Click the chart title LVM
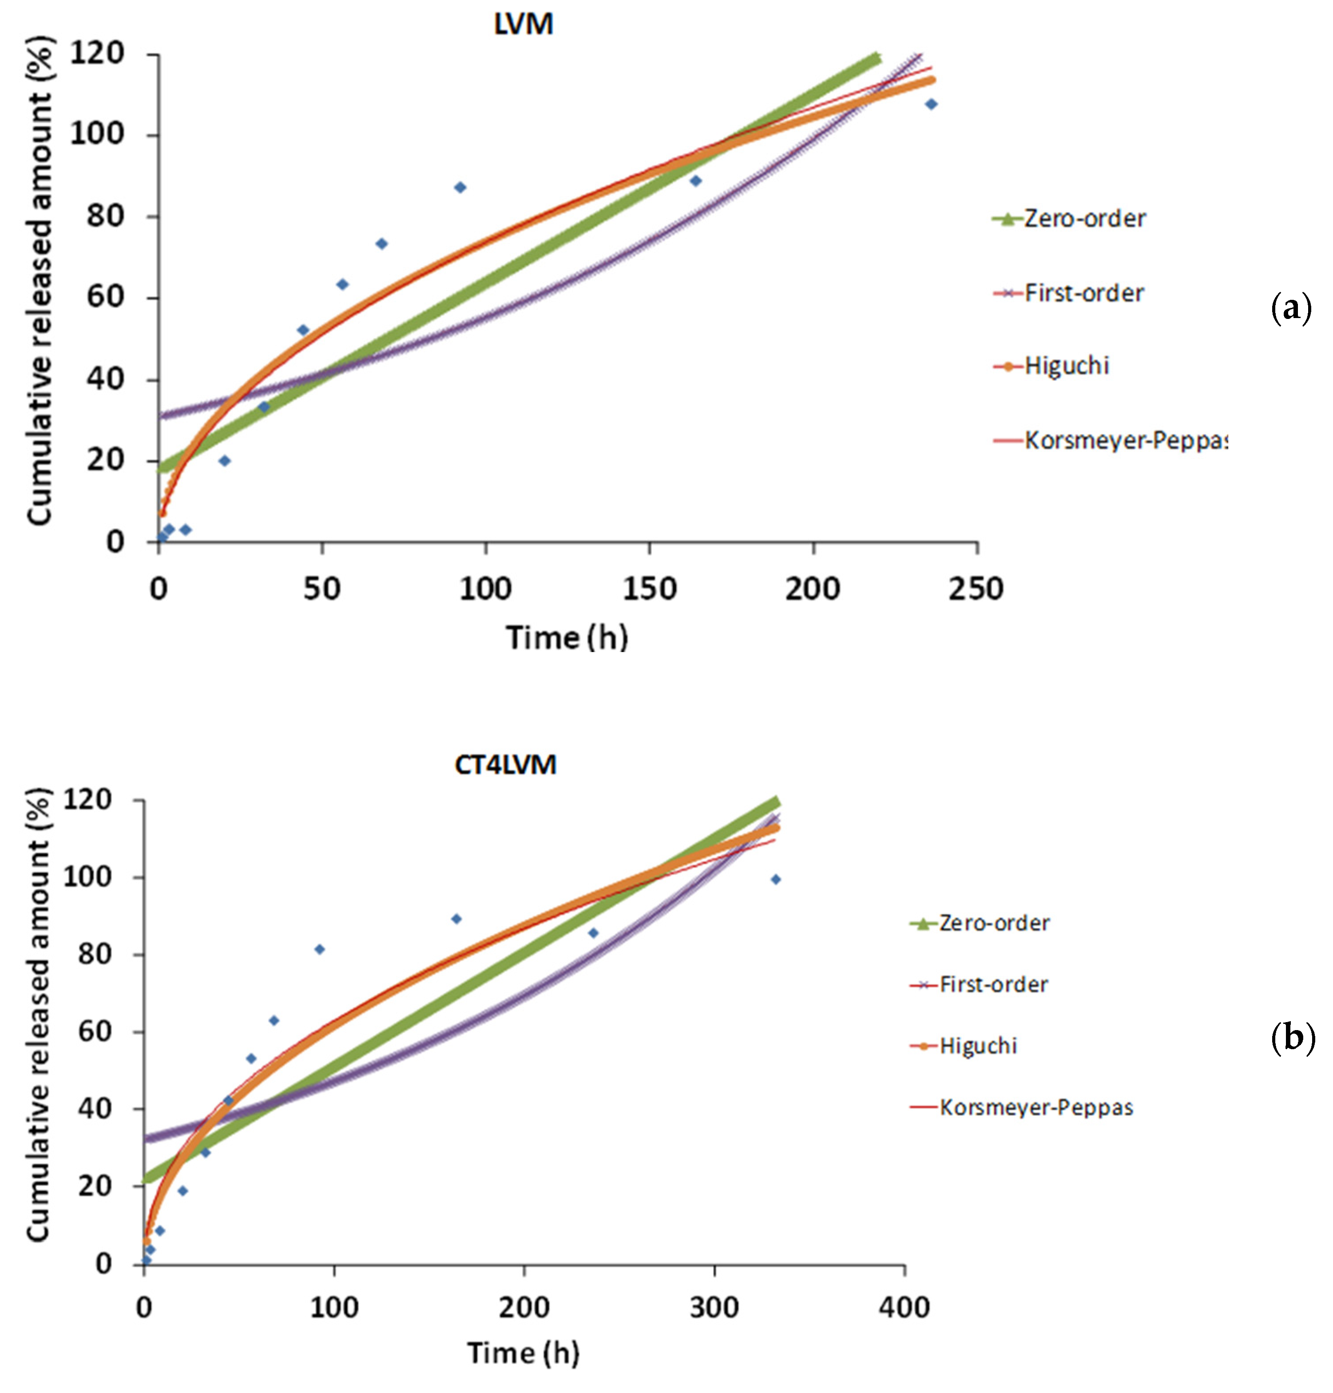coord(523,25)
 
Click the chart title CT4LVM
coord(505,765)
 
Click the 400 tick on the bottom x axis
coord(903,1307)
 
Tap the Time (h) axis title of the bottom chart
coord(523,1353)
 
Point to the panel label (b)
coord(1292,1039)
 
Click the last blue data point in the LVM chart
coord(931,104)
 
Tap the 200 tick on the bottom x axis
coord(524,1307)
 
